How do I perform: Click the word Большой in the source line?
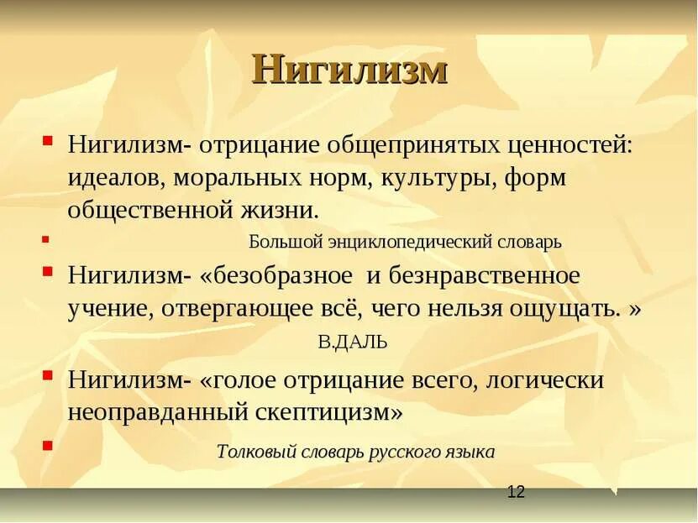click(286, 242)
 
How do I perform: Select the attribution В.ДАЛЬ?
click(353, 342)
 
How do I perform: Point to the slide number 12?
click(516, 493)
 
